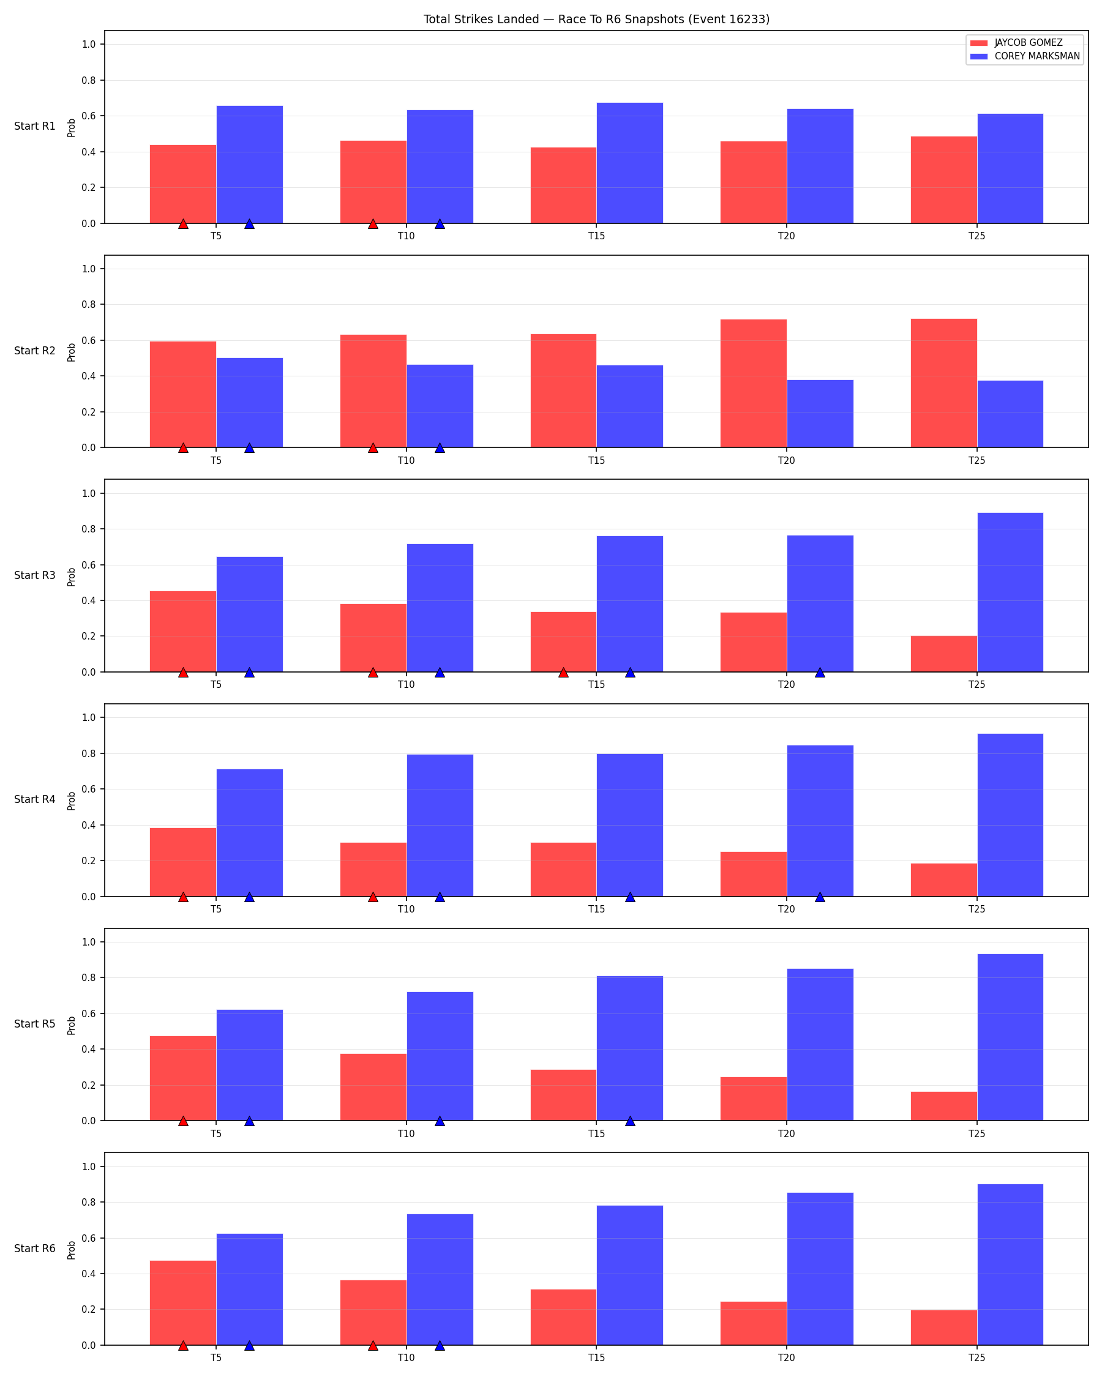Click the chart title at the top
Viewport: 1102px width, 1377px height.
(x=596, y=19)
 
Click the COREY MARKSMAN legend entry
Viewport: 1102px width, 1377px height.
(x=1025, y=56)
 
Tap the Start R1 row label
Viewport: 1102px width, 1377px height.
(x=34, y=126)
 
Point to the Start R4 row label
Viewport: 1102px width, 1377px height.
(x=34, y=799)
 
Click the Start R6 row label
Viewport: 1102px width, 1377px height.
(x=34, y=1248)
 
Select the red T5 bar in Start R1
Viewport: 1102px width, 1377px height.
(x=182, y=184)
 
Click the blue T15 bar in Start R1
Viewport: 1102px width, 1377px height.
(x=630, y=163)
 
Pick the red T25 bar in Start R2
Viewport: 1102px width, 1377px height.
(x=943, y=383)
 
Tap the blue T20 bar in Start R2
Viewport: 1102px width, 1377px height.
(x=820, y=414)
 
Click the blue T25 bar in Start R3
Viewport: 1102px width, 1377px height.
(x=1010, y=592)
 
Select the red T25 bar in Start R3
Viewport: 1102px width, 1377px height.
(x=943, y=654)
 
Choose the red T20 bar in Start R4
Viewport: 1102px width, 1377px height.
(x=753, y=875)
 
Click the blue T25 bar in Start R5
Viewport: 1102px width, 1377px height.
(x=1010, y=1037)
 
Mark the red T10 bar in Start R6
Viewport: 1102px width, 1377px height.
(x=373, y=1313)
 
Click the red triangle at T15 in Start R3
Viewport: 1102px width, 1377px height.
(x=563, y=673)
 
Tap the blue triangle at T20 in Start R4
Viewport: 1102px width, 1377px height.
(x=820, y=897)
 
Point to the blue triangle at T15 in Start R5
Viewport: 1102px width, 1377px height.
(x=630, y=1121)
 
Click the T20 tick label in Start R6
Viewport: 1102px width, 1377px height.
(x=787, y=1358)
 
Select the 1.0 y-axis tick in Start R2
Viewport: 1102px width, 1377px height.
(x=89, y=269)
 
